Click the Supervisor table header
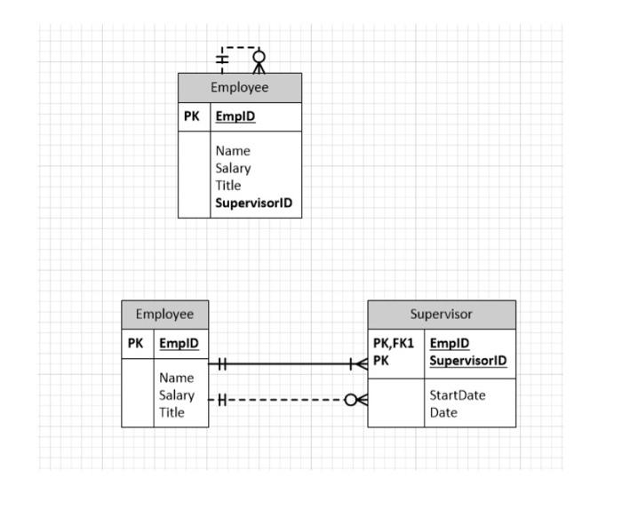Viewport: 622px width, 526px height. (441, 315)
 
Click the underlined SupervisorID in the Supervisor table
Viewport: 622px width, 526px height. (467, 361)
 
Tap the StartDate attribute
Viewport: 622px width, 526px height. (457, 395)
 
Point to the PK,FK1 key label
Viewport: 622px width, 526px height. (394, 344)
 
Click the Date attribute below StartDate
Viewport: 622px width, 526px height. (443, 412)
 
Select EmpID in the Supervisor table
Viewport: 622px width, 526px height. (449, 344)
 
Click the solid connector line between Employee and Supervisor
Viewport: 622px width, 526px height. (284, 364)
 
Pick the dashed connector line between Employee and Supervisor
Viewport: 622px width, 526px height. (284, 400)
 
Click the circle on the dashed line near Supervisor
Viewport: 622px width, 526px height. (351, 400)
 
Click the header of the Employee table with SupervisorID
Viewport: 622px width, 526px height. (239, 88)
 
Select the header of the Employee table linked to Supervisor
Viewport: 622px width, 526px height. (164, 315)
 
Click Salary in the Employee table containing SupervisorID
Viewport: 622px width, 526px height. (233, 168)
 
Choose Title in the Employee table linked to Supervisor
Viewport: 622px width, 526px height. (171, 412)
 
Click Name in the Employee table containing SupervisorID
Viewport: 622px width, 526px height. (232, 151)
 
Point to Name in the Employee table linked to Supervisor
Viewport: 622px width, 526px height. (175, 378)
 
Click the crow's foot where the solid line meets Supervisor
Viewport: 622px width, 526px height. (359, 364)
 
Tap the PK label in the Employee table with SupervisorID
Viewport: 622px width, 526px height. (192, 116)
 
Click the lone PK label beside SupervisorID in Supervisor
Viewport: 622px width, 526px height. (380, 361)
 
